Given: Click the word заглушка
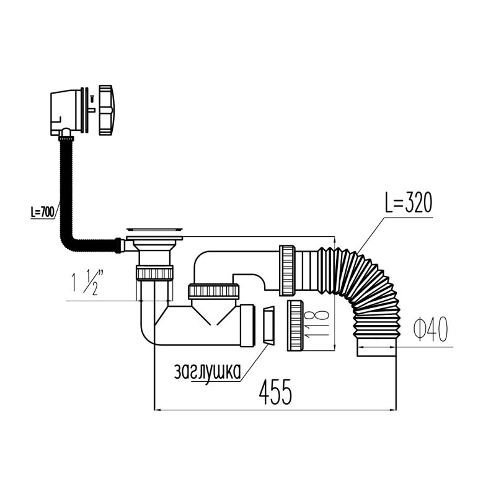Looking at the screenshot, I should coord(207,371).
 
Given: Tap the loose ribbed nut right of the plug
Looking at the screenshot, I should coord(295,325).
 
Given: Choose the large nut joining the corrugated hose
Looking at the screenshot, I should coord(288,269).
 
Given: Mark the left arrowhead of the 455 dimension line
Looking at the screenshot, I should coord(157,409).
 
